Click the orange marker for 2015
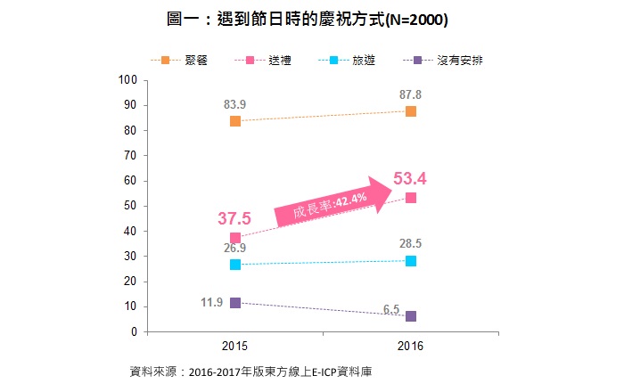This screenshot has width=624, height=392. tap(235, 121)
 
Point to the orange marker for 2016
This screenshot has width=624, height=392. tap(411, 111)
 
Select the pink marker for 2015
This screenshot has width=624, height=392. tap(235, 238)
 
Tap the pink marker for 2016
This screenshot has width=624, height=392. tap(411, 198)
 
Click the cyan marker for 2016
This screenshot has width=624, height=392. tap(411, 261)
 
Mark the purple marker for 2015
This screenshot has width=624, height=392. tap(235, 303)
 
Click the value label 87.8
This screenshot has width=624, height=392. tap(411, 94)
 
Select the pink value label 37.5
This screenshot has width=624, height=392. tap(234, 218)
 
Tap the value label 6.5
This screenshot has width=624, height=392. tap(391, 310)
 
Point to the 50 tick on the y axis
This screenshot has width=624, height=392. tap(129, 207)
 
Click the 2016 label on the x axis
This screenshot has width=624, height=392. tap(411, 346)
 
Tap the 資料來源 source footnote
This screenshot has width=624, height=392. tap(249, 371)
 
